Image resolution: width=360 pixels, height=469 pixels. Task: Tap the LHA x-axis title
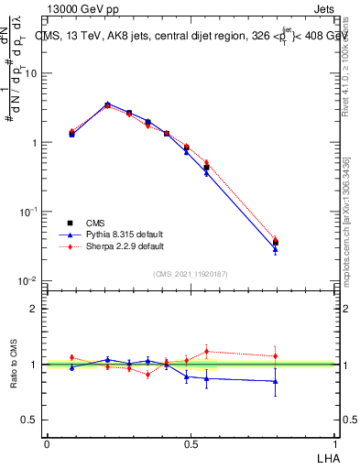[326, 456]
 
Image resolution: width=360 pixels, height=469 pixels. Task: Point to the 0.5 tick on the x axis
[191, 442]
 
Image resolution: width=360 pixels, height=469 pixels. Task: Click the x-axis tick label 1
[335, 442]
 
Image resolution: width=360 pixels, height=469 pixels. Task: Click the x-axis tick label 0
[47, 442]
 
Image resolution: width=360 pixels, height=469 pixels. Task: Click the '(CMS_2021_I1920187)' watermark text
[190, 273]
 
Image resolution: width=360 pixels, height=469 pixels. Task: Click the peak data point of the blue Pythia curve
[108, 104]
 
